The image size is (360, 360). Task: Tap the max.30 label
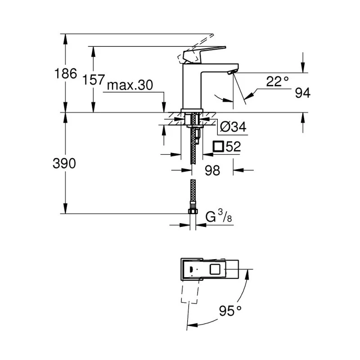[129, 85]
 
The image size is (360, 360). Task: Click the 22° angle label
[277, 81]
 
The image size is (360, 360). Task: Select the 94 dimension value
[303, 93]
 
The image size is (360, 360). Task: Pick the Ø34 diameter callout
[234, 127]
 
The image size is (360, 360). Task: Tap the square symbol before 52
[218, 146]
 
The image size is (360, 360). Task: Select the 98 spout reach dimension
[212, 171]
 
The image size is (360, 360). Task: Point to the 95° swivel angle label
[231, 310]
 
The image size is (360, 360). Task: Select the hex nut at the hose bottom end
[193, 212]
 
